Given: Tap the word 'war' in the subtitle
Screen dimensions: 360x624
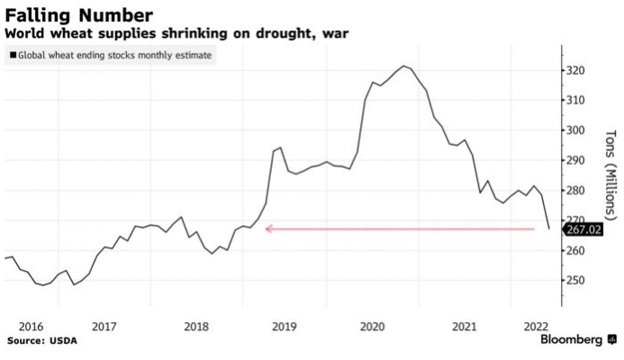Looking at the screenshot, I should pyautogui.click(x=334, y=33).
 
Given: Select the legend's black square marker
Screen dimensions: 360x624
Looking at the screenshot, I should pyautogui.click(x=12, y=56).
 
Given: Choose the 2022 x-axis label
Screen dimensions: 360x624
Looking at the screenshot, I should pyautogui.click(x=533, y=326).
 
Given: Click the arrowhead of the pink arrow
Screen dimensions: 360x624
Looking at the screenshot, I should pyautogui.click(x=268, y=229).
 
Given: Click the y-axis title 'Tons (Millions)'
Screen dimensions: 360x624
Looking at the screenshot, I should pyautogui.click(x=610, y=175).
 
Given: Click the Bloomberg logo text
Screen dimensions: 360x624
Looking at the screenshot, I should pyautogui.click(x=571, y=340).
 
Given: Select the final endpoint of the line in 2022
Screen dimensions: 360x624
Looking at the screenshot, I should pyautogui.click(x=548, y=229).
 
